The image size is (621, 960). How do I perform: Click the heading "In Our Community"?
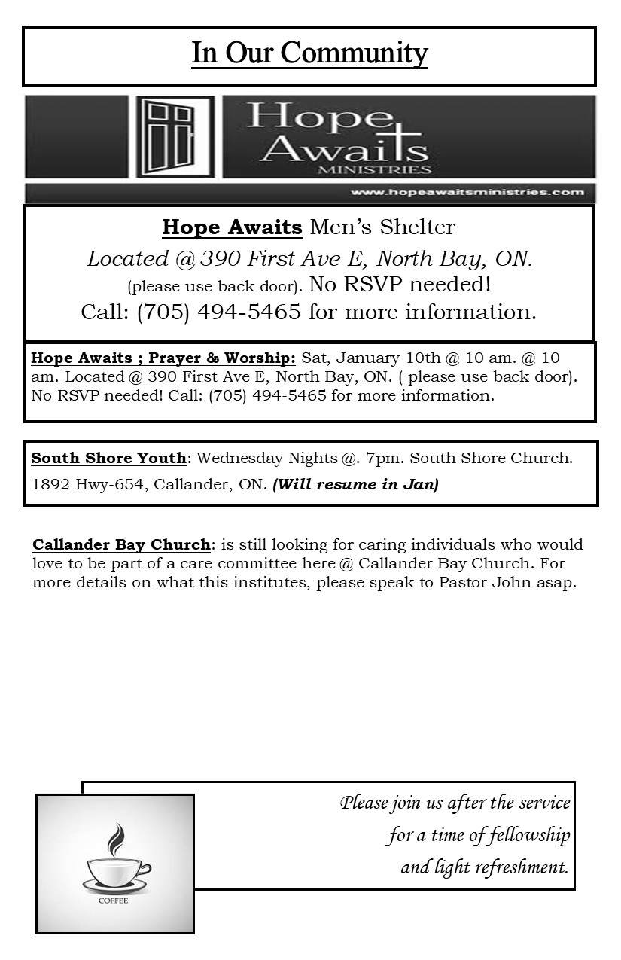click(x=309, y=53)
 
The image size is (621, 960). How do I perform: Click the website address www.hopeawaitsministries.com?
click(x=467, y=192)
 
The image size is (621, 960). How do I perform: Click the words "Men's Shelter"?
click(x=382, y=227)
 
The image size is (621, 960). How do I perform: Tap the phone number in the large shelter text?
click(x=219, y=312)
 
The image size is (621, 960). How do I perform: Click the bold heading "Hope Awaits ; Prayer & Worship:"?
click(x=163, y=358)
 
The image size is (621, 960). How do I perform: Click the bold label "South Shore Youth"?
click(x=109, y=458)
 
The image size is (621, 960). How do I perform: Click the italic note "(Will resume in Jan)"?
click(x=355, y=484)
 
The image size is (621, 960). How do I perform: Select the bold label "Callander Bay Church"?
click(x=121, y=544)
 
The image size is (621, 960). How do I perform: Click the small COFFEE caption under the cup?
click(x=114, y=901)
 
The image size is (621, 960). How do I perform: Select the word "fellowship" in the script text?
click(x=529, y=835)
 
